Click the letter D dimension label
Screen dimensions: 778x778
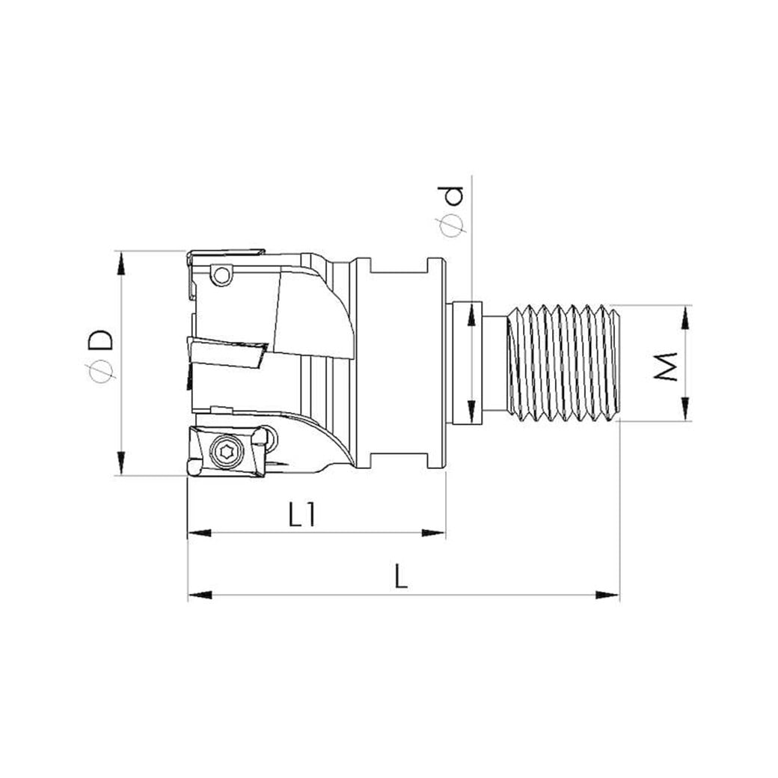pos(101,340)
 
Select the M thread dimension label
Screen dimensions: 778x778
pos(665,367)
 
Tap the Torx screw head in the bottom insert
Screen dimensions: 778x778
pos(227,451)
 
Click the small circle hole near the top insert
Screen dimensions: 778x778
pos(221,275)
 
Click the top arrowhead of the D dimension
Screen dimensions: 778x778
pos(120,263)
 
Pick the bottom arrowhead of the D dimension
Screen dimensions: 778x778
pos(120,463)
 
